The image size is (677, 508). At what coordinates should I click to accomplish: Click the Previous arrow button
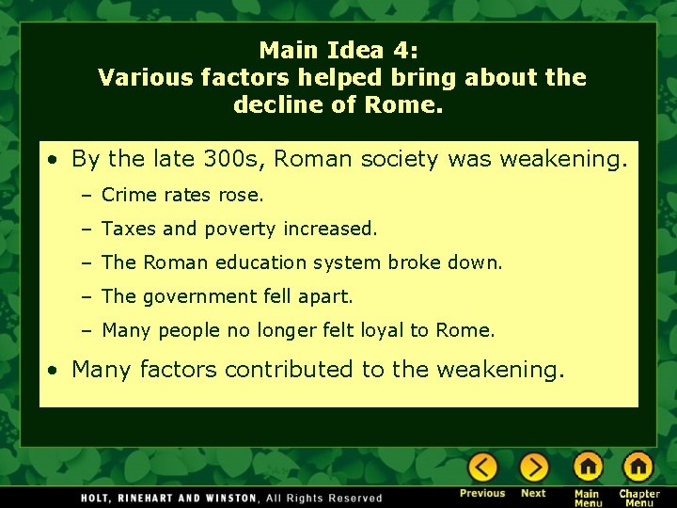(482, 468)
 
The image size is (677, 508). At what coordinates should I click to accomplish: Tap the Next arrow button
(533, 468)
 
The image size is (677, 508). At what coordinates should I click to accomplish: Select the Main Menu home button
(588, 468)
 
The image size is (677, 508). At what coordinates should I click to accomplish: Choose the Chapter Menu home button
(638, 468)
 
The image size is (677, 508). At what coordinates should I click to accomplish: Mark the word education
(260, 263)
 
